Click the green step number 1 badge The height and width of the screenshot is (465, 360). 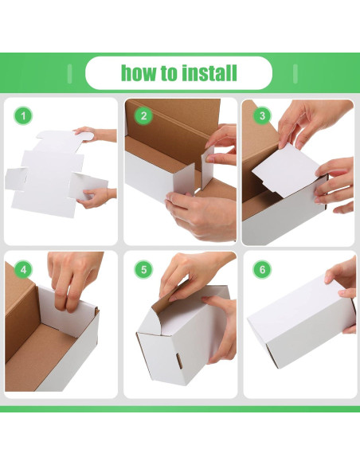click(23, 115)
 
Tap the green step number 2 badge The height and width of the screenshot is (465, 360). click(144, 115)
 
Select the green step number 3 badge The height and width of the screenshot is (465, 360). click(263, 115)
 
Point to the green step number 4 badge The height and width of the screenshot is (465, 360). click(23, 270)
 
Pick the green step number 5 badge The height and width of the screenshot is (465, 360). click(144, 270)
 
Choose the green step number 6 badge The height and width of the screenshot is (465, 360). click(263, 270)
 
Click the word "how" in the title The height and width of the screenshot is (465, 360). click(139, 73)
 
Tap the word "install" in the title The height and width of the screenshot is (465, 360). click(209, 73)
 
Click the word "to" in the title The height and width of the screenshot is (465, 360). click(169, 73)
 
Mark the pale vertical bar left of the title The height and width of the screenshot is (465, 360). click(69, 73)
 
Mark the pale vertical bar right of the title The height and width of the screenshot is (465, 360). click(295, 73)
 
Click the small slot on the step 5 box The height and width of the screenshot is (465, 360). click(179, 361)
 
